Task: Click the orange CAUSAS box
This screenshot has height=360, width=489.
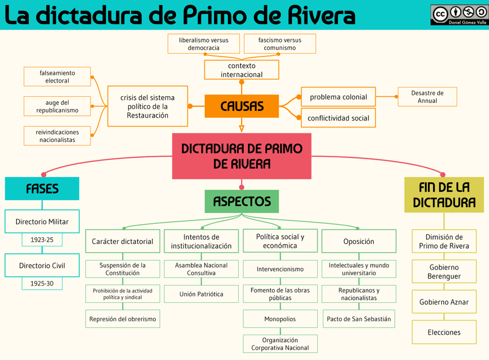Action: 242,106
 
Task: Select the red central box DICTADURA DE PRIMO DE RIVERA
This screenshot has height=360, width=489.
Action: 242,156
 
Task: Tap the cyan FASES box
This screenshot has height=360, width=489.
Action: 42,189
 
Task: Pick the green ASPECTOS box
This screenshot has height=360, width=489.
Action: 242,201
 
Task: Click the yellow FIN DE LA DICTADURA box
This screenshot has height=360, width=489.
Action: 443,194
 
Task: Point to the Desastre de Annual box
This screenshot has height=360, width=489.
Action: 427,97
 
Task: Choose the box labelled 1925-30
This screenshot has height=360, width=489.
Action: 42,284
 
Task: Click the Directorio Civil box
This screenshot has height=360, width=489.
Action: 42,266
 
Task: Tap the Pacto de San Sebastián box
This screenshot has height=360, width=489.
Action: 358,318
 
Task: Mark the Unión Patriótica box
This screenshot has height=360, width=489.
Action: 201,294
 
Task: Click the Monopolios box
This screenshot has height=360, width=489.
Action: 280,318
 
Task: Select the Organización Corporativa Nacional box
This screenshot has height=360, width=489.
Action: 280,344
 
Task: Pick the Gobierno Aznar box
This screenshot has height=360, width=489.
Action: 443,302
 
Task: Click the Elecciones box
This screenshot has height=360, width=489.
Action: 443,332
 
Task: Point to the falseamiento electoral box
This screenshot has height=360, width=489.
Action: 57,77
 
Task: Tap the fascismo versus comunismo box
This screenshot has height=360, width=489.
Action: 280,44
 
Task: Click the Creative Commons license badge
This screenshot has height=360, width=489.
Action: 459,14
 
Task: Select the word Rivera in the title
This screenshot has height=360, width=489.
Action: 320,16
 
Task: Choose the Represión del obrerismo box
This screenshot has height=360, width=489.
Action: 122,318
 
